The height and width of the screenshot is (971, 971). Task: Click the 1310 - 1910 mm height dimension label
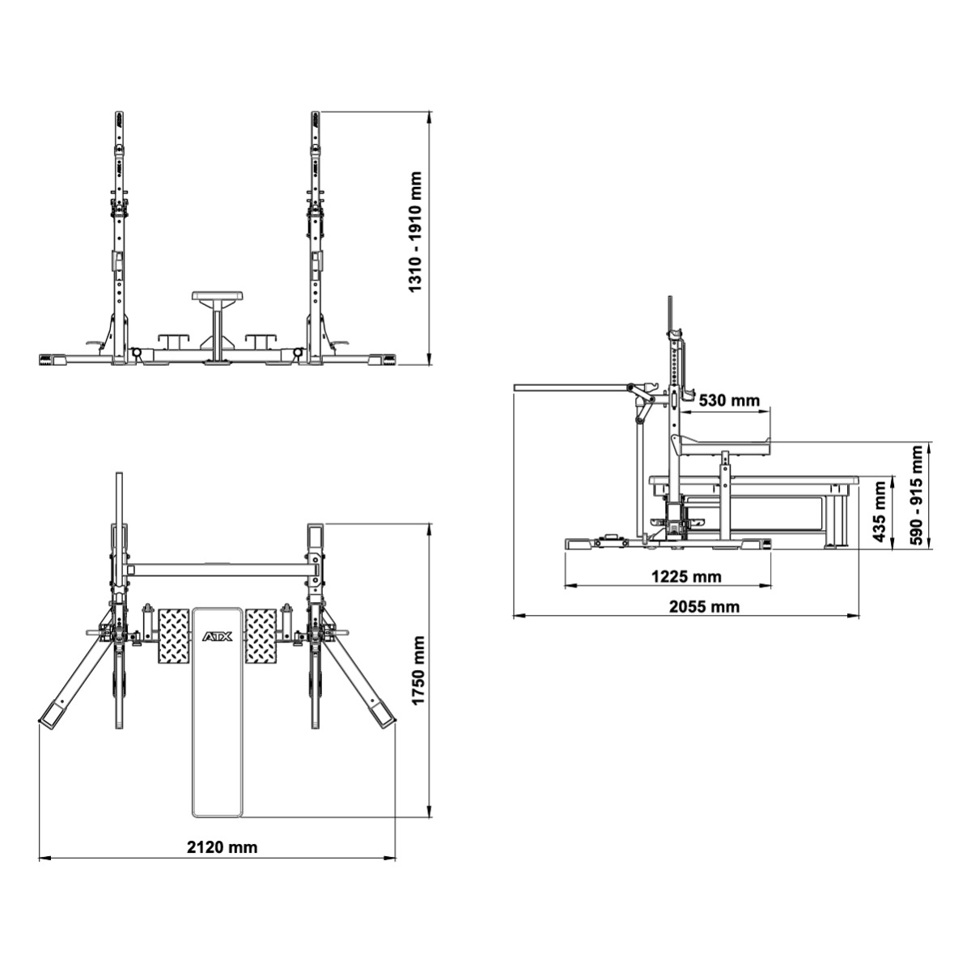pos(415,232)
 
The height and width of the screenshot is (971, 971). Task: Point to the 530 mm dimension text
pos(728,401)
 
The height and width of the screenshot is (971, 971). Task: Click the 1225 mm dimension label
pos(686,577)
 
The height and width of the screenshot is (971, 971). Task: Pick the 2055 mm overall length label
pos(705,606)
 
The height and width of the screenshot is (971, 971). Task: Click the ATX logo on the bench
pos(217,637)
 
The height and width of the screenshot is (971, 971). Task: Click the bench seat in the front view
pos(216,297)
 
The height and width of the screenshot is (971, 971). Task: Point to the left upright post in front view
pos(120,235)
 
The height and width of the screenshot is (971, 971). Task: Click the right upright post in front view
pos(314,235)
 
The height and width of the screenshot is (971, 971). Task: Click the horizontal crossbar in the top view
pos(217,570)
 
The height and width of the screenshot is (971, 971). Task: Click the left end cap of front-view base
pos(51,359)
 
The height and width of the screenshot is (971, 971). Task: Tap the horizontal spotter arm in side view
pos(570,388)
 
